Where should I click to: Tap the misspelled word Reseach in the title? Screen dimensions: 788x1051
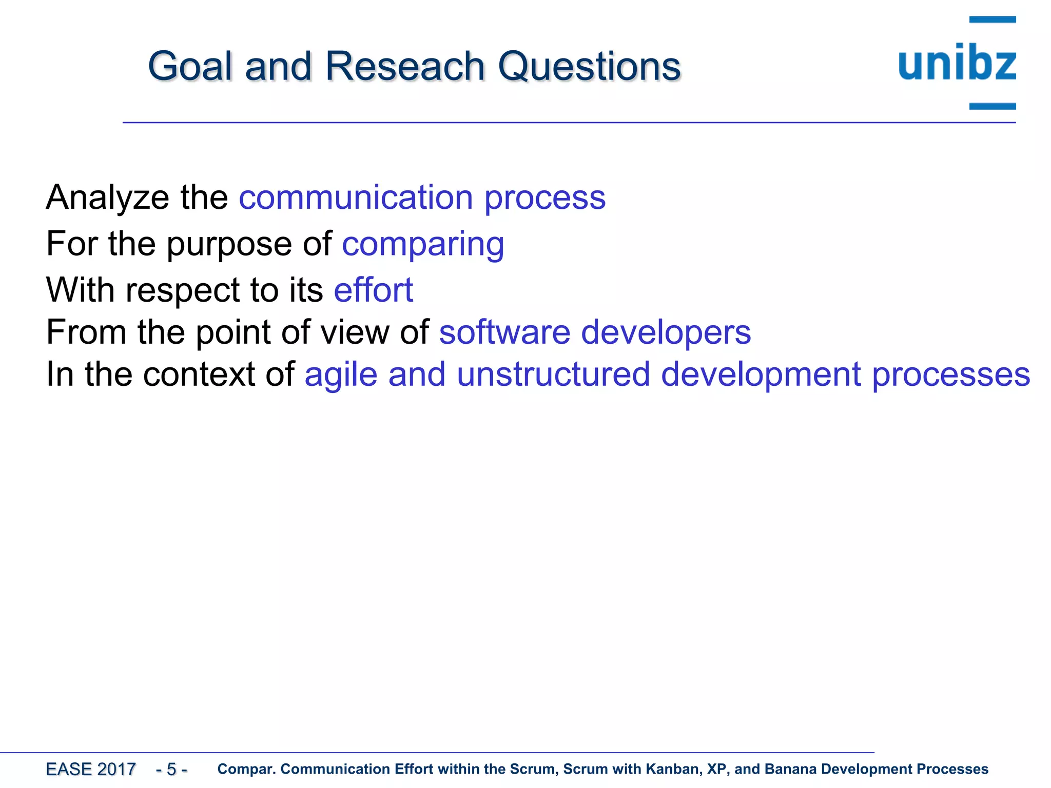pos(405,67)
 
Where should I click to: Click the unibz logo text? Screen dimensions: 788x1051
pos(957,64)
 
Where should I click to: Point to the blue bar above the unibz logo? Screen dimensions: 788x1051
pos(992,19)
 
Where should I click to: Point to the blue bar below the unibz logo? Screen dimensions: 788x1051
pos(992,106)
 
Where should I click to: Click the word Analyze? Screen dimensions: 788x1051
pos(107,198)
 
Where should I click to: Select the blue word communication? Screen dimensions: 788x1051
pos(356,198)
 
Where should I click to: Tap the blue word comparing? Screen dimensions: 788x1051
pos(423,244)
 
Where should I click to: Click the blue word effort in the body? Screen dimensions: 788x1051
pos(373,290)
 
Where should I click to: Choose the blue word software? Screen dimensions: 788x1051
pos(504,332)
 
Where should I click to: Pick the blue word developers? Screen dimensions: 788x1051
pos(666,332)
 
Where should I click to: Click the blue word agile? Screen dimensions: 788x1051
pos(341,375)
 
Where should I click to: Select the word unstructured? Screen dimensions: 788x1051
pos(553,375)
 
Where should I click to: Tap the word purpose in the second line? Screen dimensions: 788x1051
pos(229,244)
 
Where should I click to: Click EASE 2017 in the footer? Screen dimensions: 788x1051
pos(91,769)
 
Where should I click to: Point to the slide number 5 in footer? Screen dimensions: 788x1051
pos(171,769)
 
